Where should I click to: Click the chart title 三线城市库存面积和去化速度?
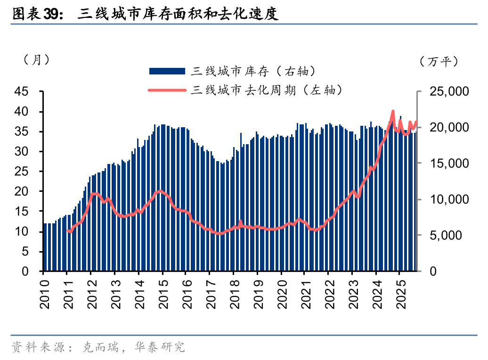click(x=178, y=15)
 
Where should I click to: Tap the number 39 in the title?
click(x=51, y=15)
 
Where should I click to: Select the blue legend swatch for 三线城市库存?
click(x=167, y=71)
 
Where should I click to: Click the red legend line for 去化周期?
click(x=167, y=90)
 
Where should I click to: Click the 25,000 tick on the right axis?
click(x=448, y=91)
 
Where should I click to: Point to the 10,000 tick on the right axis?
click(x=448, y=199)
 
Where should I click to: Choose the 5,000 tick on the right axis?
click(x=451, y=236)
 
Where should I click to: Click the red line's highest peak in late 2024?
click(x=393, y=112)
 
